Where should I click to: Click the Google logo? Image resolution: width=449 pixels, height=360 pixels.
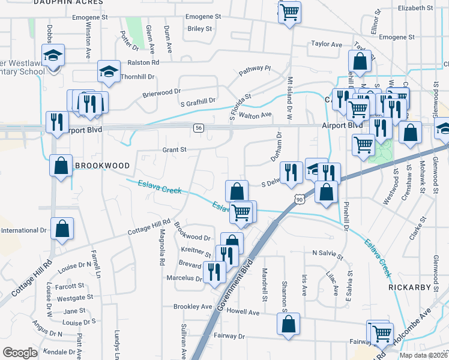pos(20,353)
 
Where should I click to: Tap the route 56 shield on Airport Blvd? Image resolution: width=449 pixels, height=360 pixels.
pos(199,128)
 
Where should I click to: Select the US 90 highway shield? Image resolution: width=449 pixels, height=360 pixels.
pos(299,199)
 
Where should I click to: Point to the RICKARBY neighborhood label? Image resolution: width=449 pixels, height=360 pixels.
pos(409,287)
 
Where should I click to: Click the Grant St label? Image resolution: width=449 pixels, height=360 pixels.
pos(175,149)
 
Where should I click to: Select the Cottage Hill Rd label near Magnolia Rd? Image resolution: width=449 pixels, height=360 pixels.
pos(149,229)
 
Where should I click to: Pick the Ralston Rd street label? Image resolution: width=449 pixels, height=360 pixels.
pos(143,62)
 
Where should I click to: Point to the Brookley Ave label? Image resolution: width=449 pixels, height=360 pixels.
pos(193,306)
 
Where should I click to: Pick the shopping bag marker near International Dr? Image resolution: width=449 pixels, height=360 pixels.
pos(62,229)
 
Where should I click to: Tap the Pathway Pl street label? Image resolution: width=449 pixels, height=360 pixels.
pos(255,71)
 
